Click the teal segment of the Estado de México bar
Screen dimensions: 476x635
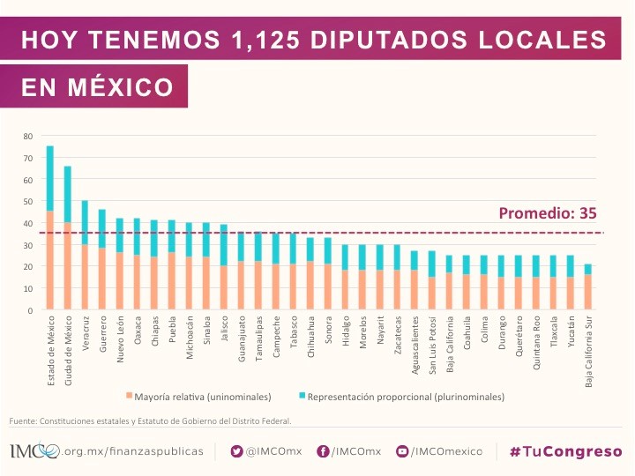coord(50,178)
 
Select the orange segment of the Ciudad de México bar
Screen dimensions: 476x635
coord(67,265)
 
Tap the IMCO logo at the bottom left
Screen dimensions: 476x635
coord(34,451)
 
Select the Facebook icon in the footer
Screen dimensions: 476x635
coord(324,451)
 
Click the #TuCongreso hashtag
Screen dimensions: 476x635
coord(565,451)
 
